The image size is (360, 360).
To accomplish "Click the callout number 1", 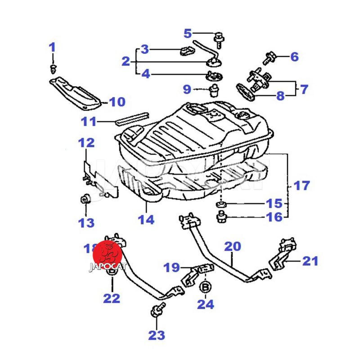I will [52, 47].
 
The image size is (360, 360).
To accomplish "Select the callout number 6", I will [294, 57].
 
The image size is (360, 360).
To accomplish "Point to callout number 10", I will [117, 102].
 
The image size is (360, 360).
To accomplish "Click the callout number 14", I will [146, 220].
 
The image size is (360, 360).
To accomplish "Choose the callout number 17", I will [301, 185].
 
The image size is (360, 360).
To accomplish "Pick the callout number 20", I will [233, 246].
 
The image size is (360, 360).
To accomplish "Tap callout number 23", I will [157, 335].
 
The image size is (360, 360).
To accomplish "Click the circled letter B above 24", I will [206, 287].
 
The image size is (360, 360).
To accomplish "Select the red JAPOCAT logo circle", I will [108, 255].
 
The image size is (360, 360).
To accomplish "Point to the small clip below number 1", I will [54, 68].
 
